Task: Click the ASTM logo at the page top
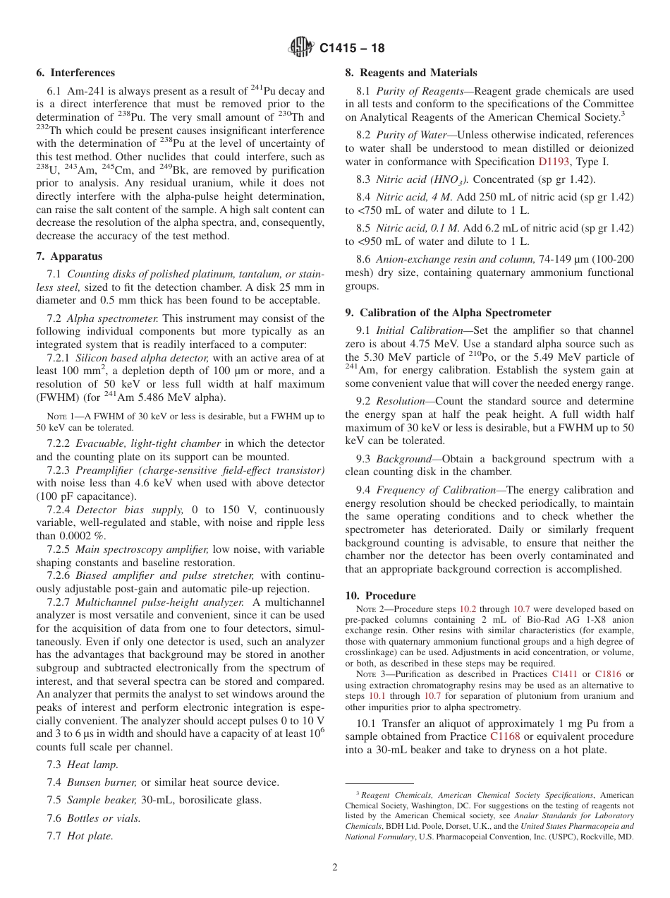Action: point(301,48)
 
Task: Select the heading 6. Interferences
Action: point(75,73)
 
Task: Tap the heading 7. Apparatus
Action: point(69,256)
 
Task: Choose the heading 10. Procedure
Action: point(380,596)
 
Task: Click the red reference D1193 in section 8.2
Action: point(552,161)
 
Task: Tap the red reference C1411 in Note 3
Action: point(564,674)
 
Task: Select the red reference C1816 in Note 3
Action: point(608,674)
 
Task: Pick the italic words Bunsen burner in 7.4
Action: point(102,782)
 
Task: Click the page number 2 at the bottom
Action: point(335,868)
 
